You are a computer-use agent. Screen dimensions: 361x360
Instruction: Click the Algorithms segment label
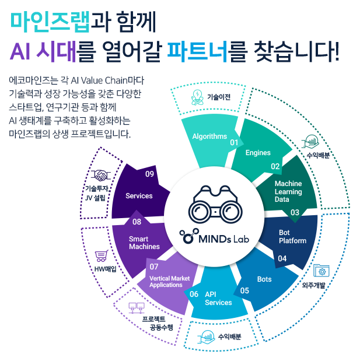tap(209, 136)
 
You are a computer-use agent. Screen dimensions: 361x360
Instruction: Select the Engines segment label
tap(258, 153)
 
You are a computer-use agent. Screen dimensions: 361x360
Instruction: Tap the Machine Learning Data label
tap(288, 191)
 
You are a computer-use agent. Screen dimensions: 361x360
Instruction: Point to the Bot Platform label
tap(292, 237)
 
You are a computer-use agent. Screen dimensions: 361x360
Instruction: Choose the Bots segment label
tap(264, 279)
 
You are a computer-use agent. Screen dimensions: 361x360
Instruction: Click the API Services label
tap(218, 299)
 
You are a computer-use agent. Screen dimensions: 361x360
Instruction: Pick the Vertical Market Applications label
tap(169, 282)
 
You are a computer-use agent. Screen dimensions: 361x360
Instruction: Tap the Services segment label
tap(139, 196)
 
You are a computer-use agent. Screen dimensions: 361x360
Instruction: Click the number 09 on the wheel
tap(149, 174)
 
